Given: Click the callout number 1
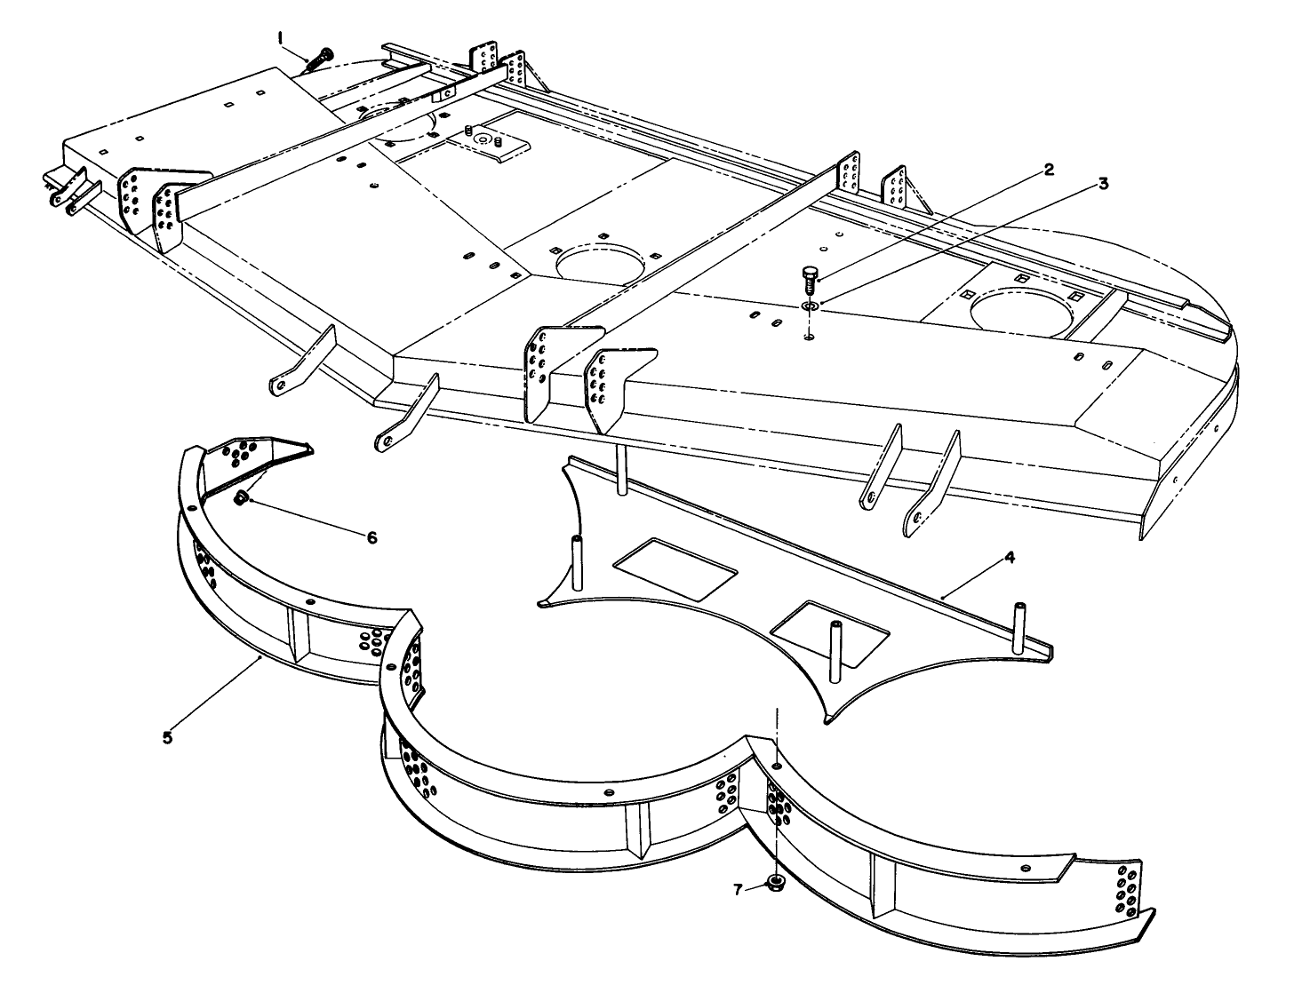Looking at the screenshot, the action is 281,39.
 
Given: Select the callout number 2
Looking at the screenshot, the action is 1048,171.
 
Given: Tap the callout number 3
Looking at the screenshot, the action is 1102,184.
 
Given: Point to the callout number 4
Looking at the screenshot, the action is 1010,557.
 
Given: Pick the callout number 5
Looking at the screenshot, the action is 167,737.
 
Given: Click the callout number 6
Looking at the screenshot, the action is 371,538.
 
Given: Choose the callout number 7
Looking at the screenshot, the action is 738,890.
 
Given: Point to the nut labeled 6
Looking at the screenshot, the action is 240,497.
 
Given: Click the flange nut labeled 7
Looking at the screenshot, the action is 776,883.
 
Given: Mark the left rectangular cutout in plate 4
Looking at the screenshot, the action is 675,569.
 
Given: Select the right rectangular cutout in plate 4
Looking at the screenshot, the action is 829,634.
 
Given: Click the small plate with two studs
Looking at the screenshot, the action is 488,144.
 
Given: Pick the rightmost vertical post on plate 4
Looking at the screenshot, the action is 1018,627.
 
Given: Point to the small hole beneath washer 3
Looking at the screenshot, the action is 809,337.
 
